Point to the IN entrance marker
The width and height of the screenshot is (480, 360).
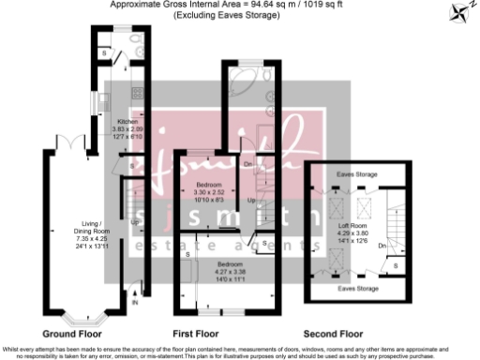pos(134,304)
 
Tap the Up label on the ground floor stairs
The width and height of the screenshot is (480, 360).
pos(136,222)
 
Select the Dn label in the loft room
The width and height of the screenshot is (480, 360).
pos(383,246)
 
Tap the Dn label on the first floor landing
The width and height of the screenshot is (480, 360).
pos(247,164)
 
